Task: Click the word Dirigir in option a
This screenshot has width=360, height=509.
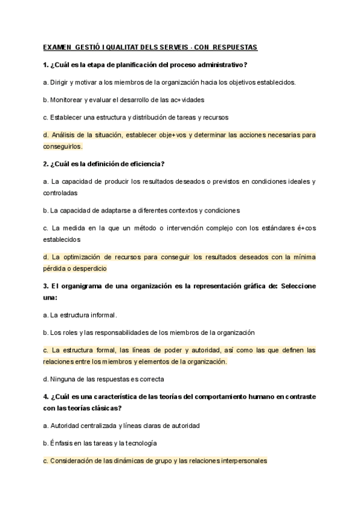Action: pyautogui.click(x=61, y=82)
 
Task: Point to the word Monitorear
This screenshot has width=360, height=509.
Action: pyautogui.click(x=70, y=100)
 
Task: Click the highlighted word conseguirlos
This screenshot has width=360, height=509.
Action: pyautogui.click(x=62, y=146)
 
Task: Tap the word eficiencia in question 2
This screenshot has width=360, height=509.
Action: pyautogui.click(x=144, y=164)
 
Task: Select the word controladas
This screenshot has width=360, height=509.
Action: pyautogui.click(x=60, y=193)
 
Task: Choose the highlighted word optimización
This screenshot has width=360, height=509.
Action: pyautogui.click(x=86, y=258)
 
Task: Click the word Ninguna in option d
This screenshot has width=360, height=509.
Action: pyautogui.click(x=62, y=379)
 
